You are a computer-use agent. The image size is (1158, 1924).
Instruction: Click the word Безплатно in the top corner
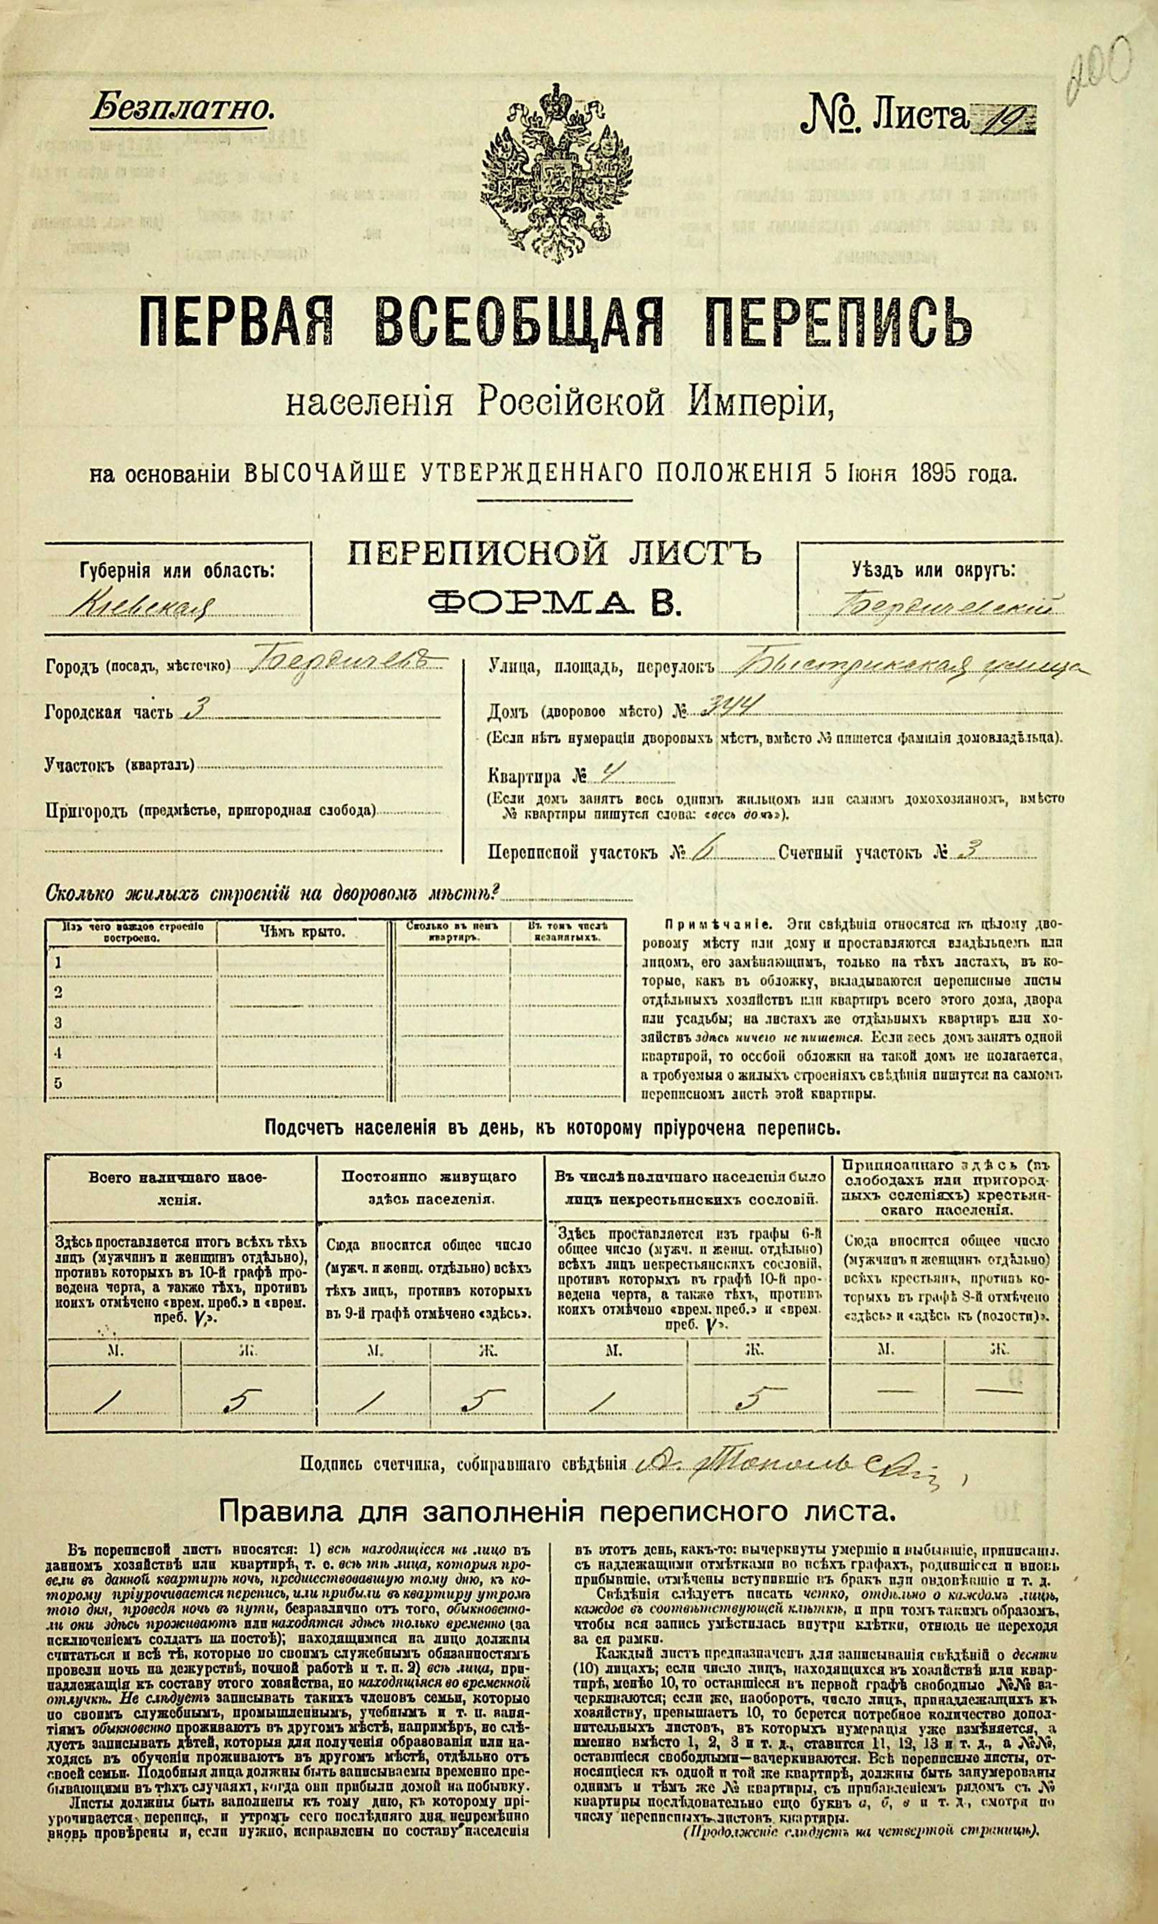pos(182,108)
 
